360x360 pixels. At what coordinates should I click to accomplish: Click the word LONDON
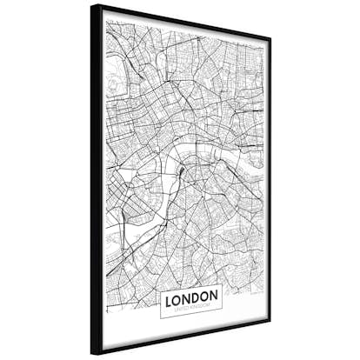190,297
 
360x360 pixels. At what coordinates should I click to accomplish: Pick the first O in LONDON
177,297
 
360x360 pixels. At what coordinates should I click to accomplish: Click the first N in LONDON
186,297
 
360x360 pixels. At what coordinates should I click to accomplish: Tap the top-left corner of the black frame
91,5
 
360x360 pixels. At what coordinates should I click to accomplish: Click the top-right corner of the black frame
270,38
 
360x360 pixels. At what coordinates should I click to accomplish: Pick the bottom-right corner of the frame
270,330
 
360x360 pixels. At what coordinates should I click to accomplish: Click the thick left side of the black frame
96,174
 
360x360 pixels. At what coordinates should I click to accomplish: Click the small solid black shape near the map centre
182,171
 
